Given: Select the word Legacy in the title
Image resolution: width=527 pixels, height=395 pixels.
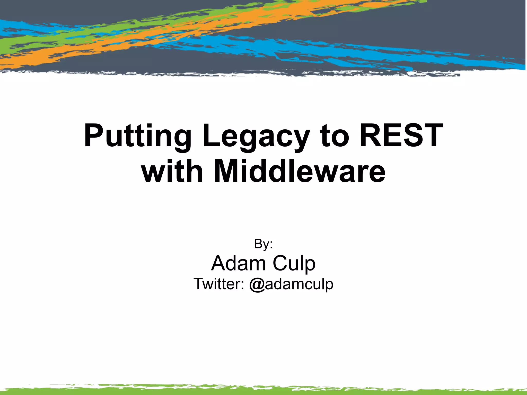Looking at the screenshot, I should click(256, 136).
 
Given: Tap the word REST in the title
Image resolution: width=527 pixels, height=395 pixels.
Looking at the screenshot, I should click(401, 136).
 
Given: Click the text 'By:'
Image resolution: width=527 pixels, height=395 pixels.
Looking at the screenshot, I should click(263, 244).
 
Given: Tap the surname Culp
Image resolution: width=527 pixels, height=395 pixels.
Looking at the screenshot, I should click(294, 264).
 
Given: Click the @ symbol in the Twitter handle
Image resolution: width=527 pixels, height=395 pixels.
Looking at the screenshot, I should click(257, 285).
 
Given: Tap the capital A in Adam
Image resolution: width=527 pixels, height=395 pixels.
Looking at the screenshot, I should click(219, 263).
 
